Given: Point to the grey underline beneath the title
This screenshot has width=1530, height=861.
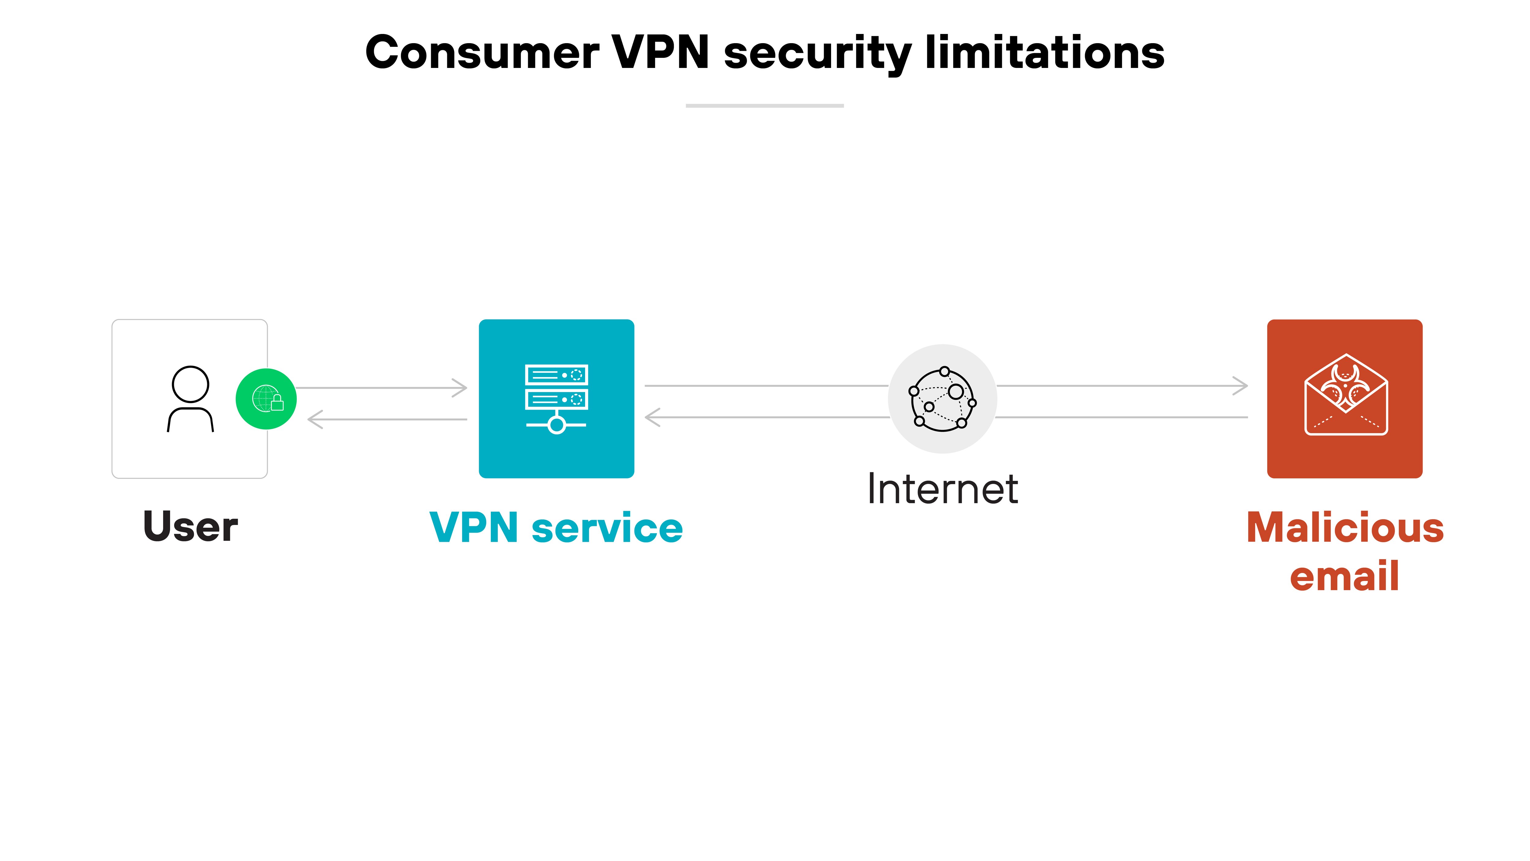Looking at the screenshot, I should (764, 106).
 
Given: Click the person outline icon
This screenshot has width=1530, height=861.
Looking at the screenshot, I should (190, 398).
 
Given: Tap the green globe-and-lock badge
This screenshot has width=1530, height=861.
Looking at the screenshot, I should (266, 399).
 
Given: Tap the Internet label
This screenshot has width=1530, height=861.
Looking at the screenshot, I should (942, 489).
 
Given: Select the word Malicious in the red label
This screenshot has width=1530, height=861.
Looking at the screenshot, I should (1345, 528).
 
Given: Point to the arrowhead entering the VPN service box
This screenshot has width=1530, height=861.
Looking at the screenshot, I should (460, 388).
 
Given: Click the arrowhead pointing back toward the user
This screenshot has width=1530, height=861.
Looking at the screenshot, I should (315, 420).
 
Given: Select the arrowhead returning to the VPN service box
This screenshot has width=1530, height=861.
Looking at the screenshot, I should (652, 417).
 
